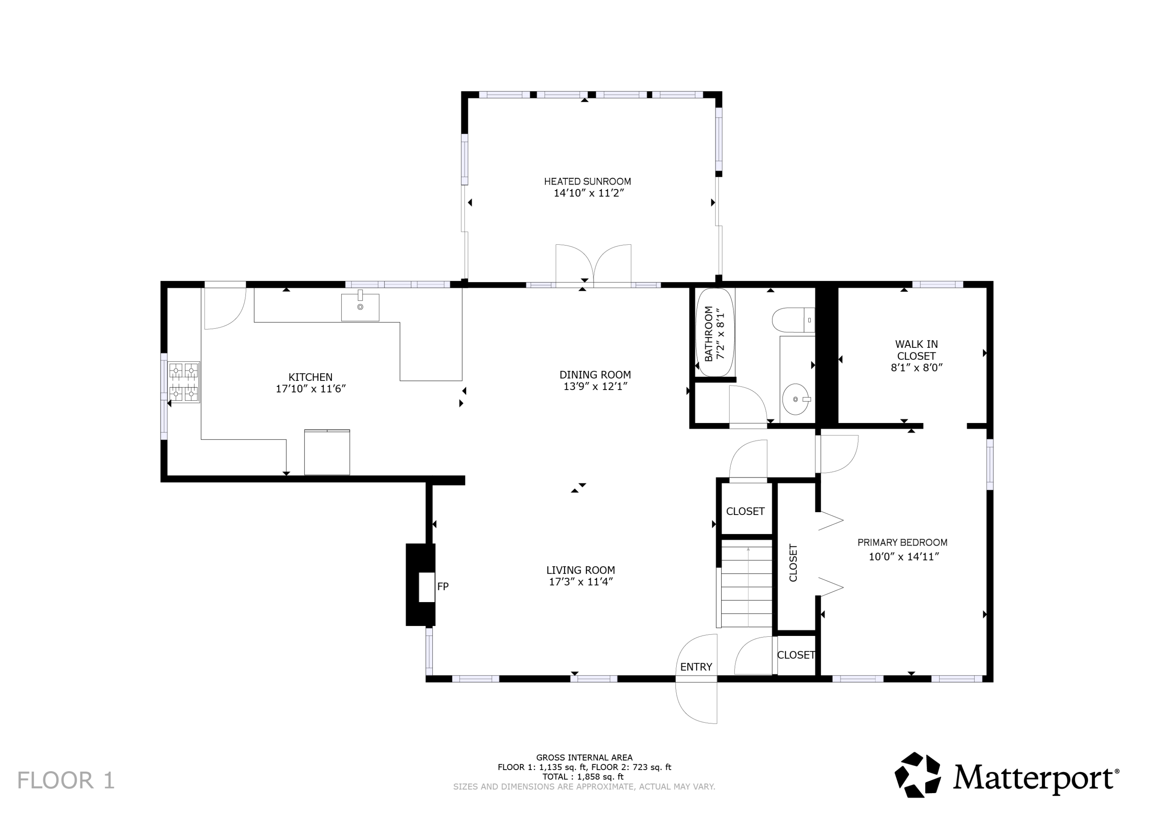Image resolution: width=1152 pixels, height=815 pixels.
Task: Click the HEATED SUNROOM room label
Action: coord(588,181)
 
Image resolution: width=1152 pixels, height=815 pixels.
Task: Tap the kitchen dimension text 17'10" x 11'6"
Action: coord(311,388)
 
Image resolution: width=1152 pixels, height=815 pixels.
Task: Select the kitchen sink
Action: coord(360,307)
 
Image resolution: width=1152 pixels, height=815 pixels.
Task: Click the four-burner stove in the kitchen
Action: coord(183,382)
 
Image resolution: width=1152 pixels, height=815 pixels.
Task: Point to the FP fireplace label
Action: coord(442,586)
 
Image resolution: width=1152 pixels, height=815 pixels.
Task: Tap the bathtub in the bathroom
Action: coord(715,332)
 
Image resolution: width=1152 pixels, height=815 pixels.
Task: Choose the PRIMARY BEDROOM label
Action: coord(902,542)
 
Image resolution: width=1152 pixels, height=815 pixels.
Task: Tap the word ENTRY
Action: coord(696,667)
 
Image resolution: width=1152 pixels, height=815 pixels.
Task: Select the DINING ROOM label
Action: coord(595,375)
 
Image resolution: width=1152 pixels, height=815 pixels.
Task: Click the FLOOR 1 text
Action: coord(66,780)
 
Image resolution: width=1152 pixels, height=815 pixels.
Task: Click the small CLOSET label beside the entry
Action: coord(796,655)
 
